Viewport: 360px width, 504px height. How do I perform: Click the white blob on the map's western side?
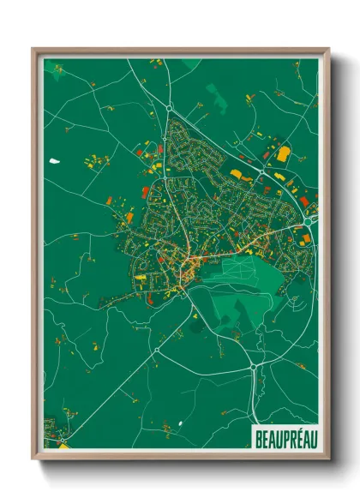[x=56, y=160]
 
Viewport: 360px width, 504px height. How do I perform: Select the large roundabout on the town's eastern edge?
[x=308, y=222]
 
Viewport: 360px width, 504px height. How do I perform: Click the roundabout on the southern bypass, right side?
[x=255, y=367]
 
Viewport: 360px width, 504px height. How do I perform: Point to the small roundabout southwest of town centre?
[x=158, y=350]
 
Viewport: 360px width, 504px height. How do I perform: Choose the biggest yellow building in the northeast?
[x=283, y=154]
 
